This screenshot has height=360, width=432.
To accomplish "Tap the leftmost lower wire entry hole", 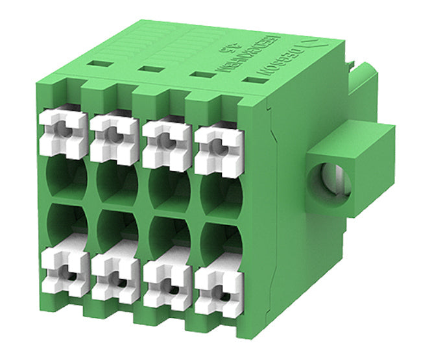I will (x=66, y=225).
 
